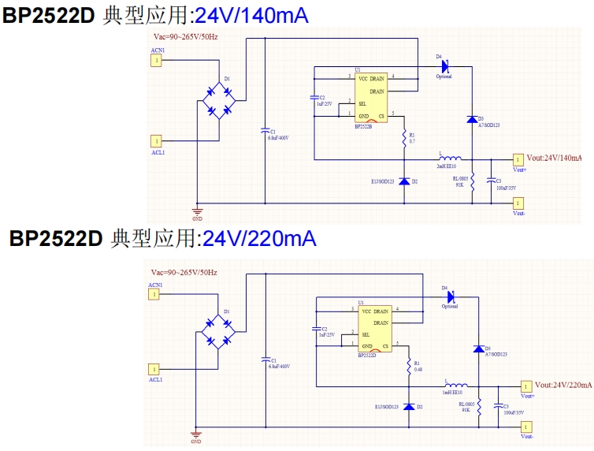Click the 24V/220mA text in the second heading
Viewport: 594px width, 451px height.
(x=259, y=238)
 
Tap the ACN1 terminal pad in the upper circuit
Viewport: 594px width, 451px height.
(x=157, y=59)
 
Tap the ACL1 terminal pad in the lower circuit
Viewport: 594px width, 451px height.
(x=155, y=368)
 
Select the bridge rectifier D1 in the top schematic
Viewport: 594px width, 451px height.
(x=217, y=99)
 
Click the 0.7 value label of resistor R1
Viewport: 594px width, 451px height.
(x=412, y=141)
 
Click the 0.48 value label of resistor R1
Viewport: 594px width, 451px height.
(x=418, y=369)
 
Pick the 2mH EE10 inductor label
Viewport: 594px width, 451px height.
(x=448, y=166)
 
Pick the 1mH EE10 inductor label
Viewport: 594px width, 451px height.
(x=452, y=391)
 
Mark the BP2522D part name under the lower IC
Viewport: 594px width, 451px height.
(x=367, y=356)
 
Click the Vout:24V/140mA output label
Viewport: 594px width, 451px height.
(x=555, y=158)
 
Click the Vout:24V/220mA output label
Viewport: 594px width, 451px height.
(x=563, y=385)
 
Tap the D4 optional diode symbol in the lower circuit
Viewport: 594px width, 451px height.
(x=451, y=297)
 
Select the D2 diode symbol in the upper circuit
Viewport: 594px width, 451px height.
(x=405, y=181)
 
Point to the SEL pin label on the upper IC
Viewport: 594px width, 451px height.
(x=362, y=103)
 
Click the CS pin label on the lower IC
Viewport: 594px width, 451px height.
(x=385, y=346)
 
